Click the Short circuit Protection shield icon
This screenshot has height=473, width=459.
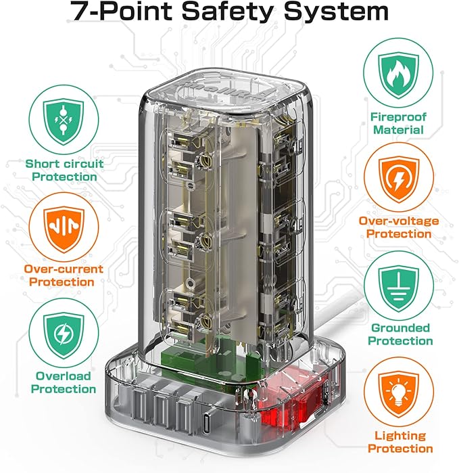click(x=62, y=120)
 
